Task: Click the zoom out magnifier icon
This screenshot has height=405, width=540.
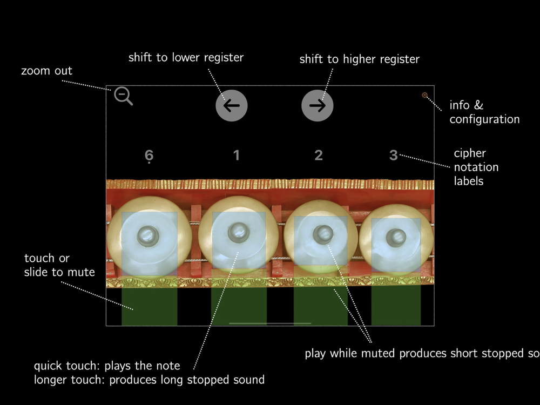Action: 123,96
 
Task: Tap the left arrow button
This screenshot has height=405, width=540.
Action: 232,105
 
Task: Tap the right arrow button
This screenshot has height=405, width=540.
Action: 318,105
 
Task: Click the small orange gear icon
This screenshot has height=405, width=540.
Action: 425,96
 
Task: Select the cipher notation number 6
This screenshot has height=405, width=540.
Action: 150,156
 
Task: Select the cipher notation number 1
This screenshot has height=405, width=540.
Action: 236,156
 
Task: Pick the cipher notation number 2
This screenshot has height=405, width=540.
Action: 319,156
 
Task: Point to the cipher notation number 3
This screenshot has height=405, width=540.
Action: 394,156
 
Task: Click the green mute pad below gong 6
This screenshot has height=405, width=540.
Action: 150,306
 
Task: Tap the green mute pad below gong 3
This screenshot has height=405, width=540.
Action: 396,306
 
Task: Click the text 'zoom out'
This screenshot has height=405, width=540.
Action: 46,71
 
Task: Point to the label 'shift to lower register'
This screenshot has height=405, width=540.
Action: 186,57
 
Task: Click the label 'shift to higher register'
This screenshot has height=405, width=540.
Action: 359,59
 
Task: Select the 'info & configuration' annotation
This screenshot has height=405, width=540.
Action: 484,112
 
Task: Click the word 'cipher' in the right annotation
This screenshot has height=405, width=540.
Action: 469,153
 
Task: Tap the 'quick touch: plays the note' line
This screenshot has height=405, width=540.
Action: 106,366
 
